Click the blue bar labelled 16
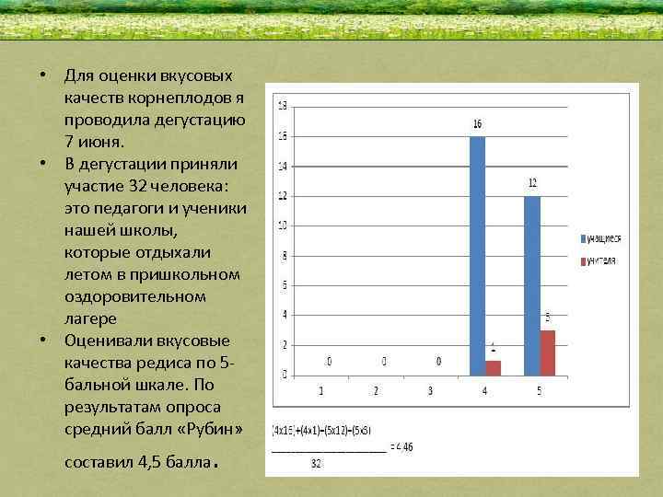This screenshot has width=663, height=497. click(x=477, y=256)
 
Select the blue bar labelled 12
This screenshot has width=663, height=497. click(x=532, y=285)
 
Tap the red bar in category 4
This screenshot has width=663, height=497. click(x=494, y=368)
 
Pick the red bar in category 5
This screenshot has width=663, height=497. click(x=548, y=353)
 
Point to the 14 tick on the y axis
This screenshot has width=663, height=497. click(x=282, y=167)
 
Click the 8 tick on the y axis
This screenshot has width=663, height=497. click(x=284, y=256)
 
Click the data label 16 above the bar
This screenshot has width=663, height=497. click(x=477, y=123)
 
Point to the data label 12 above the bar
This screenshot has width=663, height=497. click(x=532, y=183)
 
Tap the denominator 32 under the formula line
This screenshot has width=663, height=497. click(x=316, y=464)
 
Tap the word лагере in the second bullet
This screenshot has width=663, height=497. click(x=90, y=318)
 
